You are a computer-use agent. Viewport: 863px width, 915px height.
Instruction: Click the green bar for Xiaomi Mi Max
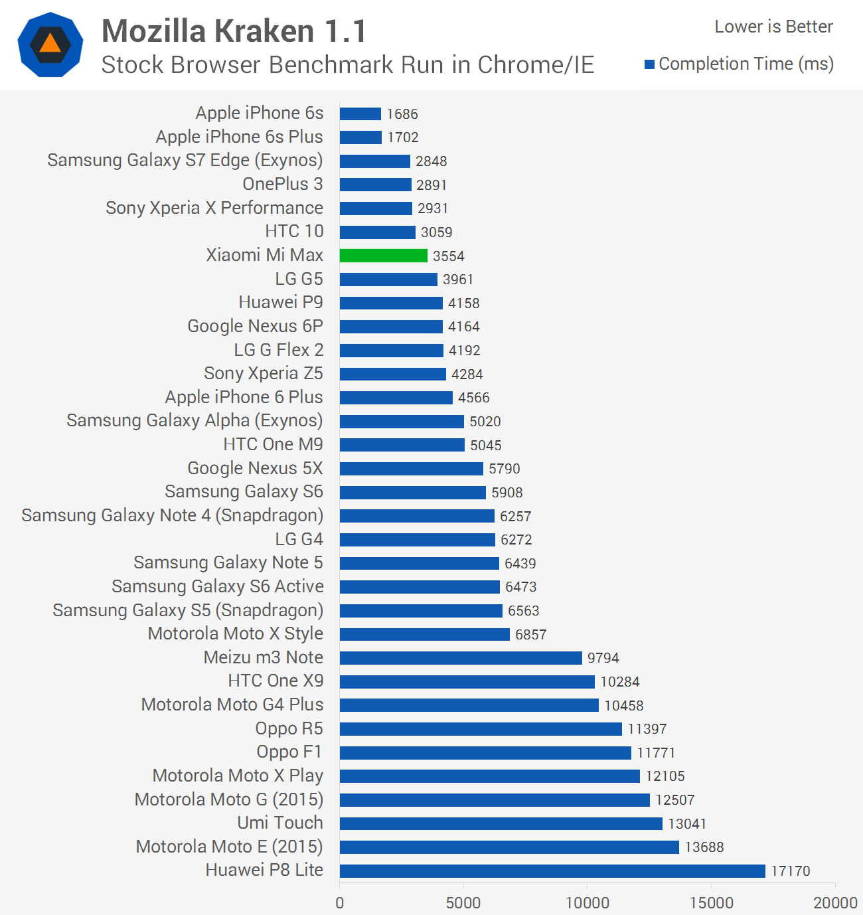[383, 256]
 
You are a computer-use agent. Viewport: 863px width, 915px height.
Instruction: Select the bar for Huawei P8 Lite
[552, 871]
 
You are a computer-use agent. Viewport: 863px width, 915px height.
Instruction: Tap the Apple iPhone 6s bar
[360, 114]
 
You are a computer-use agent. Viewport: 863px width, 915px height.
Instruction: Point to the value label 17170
[790, 871]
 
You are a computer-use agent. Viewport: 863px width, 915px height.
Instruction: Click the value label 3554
[448, 256]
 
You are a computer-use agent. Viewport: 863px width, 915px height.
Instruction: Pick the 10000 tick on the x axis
[587, 902]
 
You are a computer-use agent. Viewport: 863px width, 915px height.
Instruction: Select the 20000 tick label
[835, 902]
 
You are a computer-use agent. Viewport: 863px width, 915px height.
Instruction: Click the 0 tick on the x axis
[340, 902]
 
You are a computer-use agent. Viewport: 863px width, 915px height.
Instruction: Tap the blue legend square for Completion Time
[650, 64]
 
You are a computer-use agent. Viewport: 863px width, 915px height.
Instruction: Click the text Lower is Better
[773, 27]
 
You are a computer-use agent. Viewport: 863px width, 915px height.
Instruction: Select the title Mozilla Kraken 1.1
[234, 31]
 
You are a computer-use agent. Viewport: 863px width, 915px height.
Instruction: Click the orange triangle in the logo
[50, 44]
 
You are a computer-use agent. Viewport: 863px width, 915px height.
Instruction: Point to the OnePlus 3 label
[283, 184]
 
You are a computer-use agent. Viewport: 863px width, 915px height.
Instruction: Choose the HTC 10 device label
[294, 231]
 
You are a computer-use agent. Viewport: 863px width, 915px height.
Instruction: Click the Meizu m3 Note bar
[461, 658]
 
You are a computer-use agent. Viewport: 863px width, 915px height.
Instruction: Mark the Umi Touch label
[280, 823]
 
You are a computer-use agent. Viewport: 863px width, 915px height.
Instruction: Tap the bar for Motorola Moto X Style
[424, 634]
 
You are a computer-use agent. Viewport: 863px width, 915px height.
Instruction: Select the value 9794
[603, 658]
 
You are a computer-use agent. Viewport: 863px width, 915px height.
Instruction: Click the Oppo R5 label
[289, 728]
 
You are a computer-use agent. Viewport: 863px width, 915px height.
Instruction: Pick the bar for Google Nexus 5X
[411, 469]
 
